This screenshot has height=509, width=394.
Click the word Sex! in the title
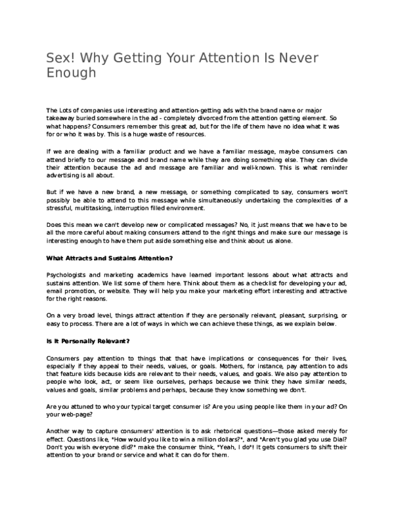[58, 57]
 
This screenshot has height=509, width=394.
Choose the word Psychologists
[70, 274]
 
